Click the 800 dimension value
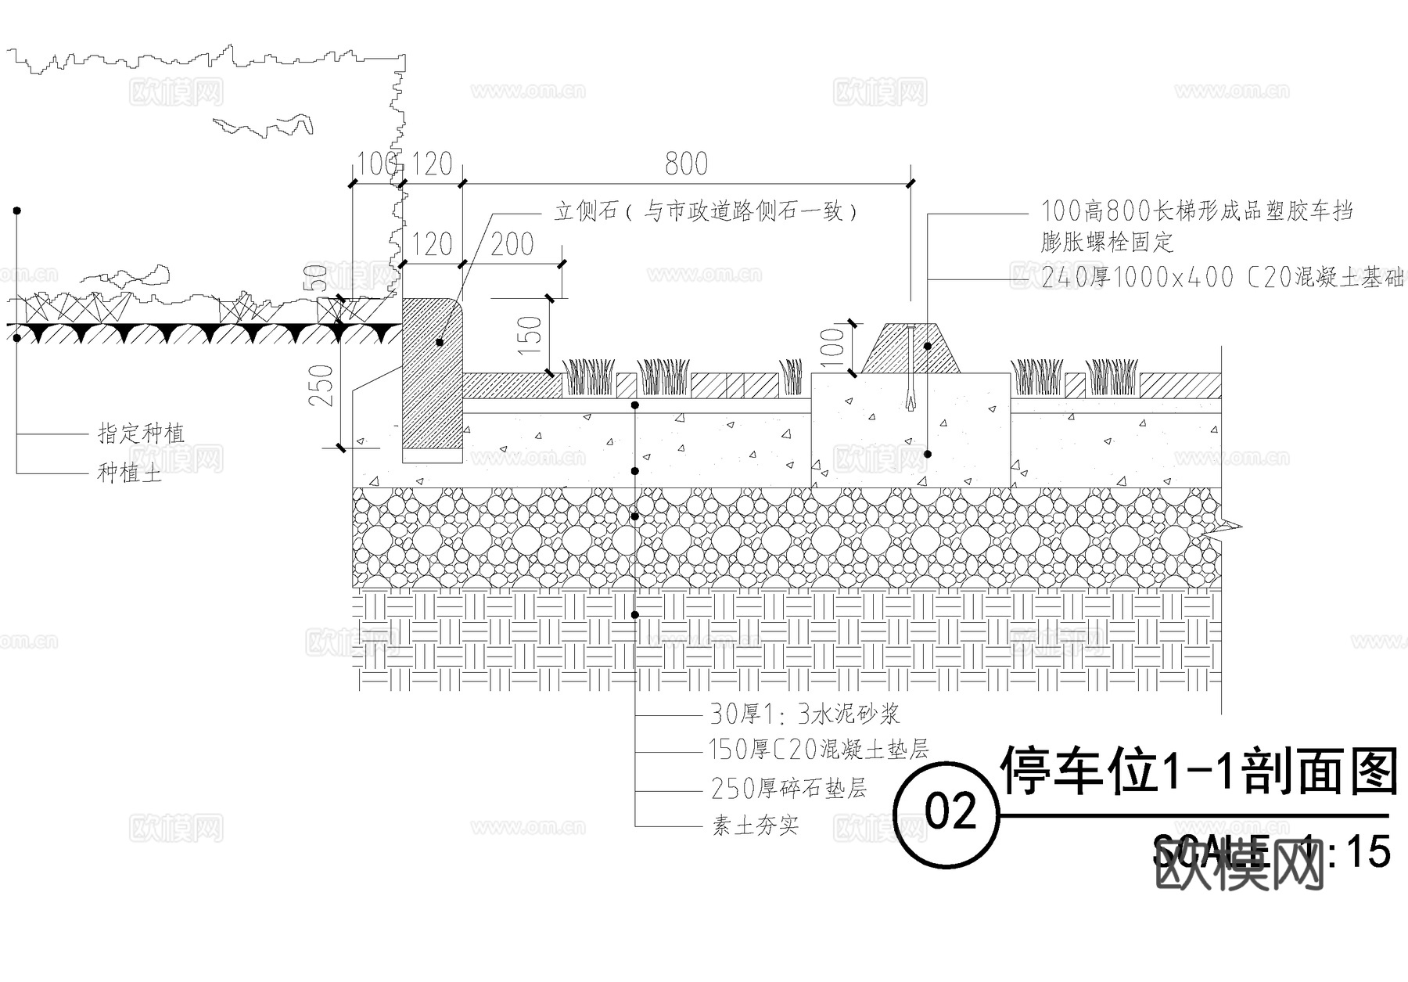coord(686,164)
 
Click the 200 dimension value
coord(512,245)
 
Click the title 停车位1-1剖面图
coord(1198,772)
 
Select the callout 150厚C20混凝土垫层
coord(818,750)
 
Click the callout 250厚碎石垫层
coord(788,788)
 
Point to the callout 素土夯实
coord(755,826)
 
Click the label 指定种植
coord(141,433)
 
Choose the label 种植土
coord(129,473)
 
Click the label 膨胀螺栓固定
coord(1107,242)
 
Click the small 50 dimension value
coord(319,279)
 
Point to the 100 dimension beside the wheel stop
coord(833,345)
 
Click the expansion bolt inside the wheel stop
coord(911,368)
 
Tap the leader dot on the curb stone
coord(440,343)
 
